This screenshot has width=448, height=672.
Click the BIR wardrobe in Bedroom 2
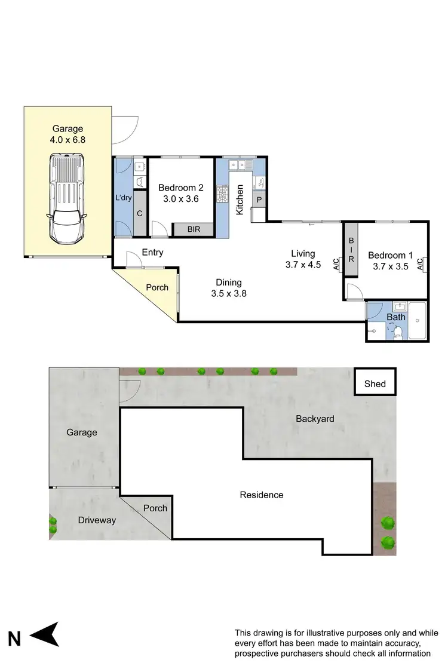pyautogui.click(x=193, y=229)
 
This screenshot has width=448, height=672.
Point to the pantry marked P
pyautogui.click(x=259, y=199)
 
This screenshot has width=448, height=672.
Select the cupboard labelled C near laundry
pyautogui.click(x=140, y=213)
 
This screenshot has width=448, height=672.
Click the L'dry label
pyautogui.click(x=123, y=198)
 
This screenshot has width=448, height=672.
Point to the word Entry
pyautogui.click(x=153, y=253)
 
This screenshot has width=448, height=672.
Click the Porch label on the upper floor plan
pyautogui.click(x=158, y=287)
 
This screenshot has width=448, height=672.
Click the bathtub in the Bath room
pyautogui.click(x=418, y=321)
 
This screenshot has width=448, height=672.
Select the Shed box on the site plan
pyautogui.click(x=375, y=383)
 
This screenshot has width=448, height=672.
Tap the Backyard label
pyautogui.click(x=315, y=419)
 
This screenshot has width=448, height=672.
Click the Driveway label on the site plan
pyautogui.click(x=97, y=520)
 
